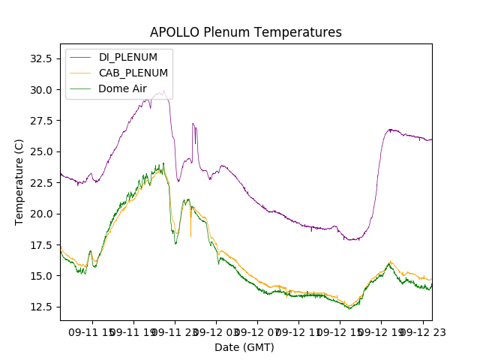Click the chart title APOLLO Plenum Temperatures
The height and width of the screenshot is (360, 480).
pyautogui.click(x=245, y=32)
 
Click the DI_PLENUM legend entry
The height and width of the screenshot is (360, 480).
pyautogui.click(x=128, y=58)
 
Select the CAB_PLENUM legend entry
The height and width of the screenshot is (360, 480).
pyautogui.click(x=133, y=73)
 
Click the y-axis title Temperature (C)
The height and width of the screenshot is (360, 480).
pyautogui.click(x=19, y=181)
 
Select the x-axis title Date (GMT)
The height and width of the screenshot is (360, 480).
pyautogui.click(x=244, y=347)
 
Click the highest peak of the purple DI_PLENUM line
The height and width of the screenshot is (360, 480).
pyautogui.click(x=163, y=91)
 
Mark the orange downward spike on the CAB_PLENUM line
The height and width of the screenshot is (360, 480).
pyautogui.click(x=190, y=235)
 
